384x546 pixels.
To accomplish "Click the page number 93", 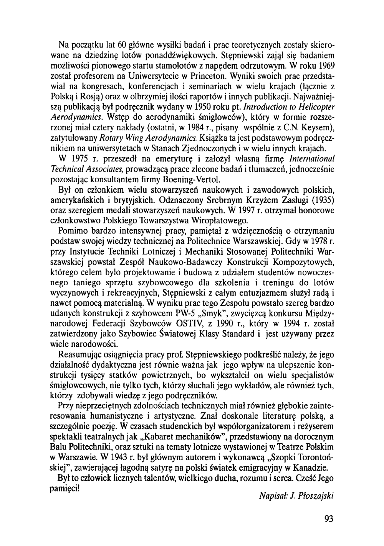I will pyautogui.click(x=329, y=519).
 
